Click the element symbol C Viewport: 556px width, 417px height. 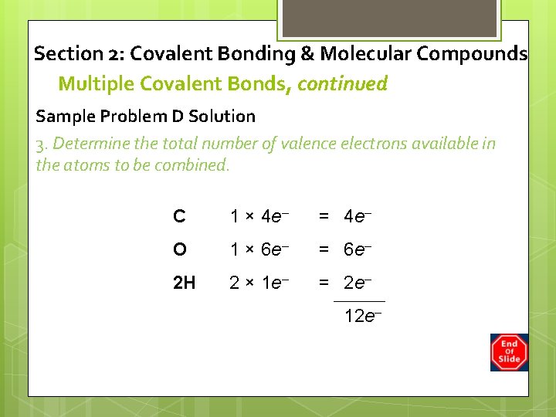click(x=179, y=217)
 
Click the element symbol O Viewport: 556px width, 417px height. click(x=180, y=249)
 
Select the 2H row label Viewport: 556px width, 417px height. click(x=184, y=283)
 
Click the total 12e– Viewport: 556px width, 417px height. click(x=362, y=315)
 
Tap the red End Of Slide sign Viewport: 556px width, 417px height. click(x=509, y=352)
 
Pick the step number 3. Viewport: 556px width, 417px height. click(x=41, y=144)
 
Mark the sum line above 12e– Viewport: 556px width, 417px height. click(x=359, y=300)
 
